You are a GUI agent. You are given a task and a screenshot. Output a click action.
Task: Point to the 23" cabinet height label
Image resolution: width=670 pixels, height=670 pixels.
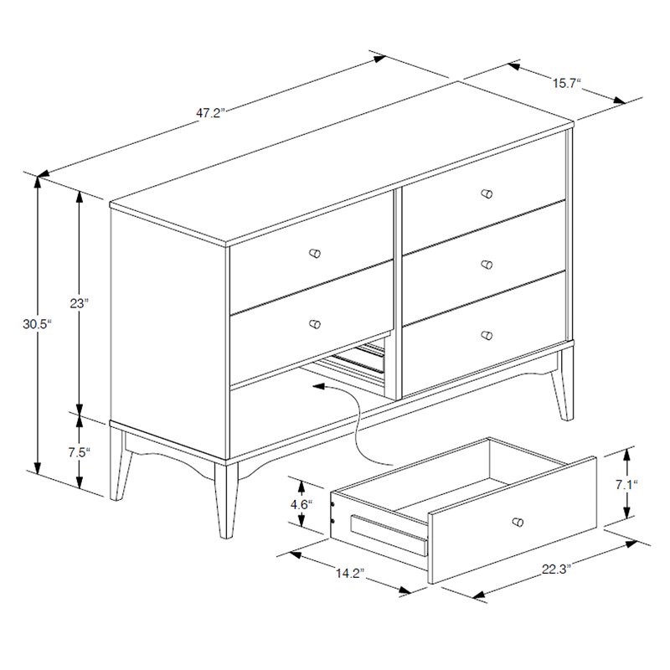(x=79, y=303)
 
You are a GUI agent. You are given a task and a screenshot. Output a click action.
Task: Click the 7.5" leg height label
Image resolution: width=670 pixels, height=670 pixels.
(x=80, y=451)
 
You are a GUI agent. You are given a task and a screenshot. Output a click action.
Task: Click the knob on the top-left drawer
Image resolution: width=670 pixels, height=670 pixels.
(x=315, y=253)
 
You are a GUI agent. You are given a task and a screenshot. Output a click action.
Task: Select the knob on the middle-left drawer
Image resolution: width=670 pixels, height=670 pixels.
(x=315, y=324)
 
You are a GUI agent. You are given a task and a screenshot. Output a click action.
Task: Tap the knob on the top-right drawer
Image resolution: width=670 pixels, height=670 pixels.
(x=487, y=193)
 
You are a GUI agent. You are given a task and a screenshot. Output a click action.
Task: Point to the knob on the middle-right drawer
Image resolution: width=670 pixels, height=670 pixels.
(x=487, y=265)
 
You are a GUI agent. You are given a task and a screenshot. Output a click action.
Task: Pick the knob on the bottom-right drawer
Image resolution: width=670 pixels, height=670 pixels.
(x=487, y=335)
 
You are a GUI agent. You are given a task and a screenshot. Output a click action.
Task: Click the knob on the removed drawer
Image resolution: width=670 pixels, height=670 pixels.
(x=518, y=522)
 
